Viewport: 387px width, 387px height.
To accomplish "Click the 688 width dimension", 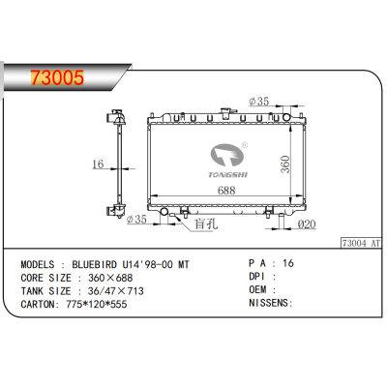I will (x=225, y=191).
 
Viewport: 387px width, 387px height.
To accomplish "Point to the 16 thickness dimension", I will (x=98, y=164).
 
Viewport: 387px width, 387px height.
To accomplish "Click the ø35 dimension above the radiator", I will (x=259, y=102).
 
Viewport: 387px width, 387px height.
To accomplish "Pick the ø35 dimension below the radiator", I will (x=138, y=220).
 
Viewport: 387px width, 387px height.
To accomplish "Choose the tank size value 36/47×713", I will (x=117, y=289).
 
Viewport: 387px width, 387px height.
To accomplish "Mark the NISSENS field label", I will (x=270, y=303).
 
